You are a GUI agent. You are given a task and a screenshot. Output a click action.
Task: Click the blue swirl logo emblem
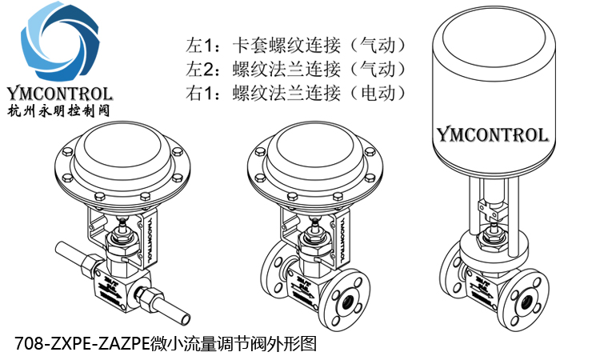[x=58, y=44]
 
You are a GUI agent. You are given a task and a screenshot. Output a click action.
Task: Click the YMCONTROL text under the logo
[x=58, y=93]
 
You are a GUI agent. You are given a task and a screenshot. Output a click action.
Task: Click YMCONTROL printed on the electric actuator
[x=492, y=134]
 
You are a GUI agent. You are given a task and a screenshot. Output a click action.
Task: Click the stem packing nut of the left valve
[x=121, y=238]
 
